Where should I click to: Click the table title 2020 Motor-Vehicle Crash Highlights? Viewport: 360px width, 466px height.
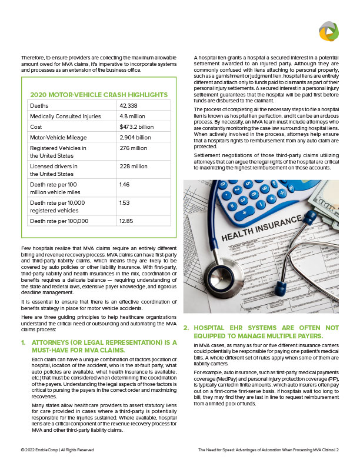tap(98, 95)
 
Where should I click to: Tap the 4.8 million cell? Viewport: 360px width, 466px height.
tap(133, 116)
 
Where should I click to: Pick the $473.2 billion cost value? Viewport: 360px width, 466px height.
tap(136, 127)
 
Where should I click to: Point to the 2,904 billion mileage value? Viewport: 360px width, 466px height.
tap(135, 138)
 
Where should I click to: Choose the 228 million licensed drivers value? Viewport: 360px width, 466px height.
tap(133, 167)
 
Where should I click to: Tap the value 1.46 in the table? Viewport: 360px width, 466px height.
tap(124, 185)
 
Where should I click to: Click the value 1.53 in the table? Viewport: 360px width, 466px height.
tap(124, 202)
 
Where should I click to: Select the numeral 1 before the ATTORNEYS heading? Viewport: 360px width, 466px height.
tap(23, 342)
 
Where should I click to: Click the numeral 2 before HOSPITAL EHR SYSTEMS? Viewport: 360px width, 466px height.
tap(186, 327)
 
